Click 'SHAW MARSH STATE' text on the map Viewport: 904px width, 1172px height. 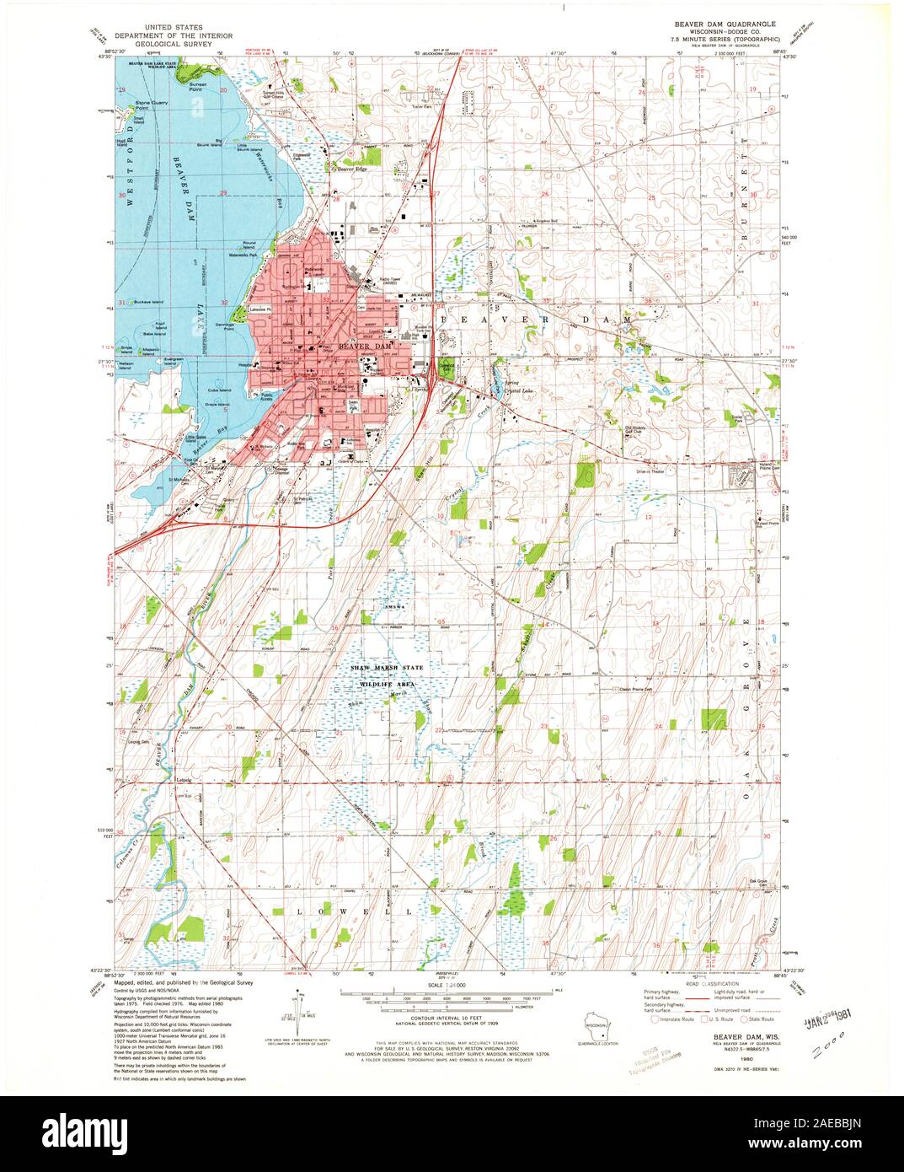(388, 668)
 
